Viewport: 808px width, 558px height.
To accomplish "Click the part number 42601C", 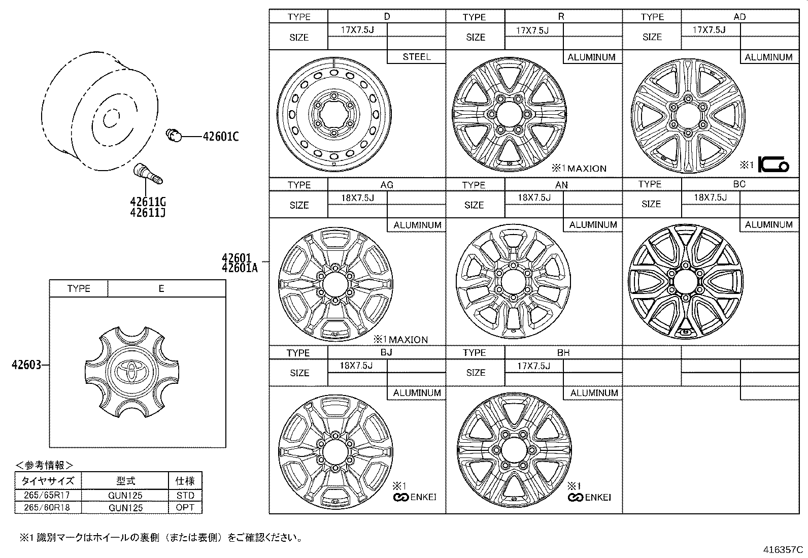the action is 220,137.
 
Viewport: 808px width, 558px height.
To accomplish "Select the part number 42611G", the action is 148,202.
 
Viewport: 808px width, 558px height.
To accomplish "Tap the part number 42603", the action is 26,365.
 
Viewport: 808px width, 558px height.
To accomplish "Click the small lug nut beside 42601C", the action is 174,136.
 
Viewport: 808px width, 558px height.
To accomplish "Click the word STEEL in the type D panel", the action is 417,57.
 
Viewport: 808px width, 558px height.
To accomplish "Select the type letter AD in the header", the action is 739,17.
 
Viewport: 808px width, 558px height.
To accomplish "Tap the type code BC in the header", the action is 739,184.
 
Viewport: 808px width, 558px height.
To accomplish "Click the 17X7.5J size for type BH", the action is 533,366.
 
